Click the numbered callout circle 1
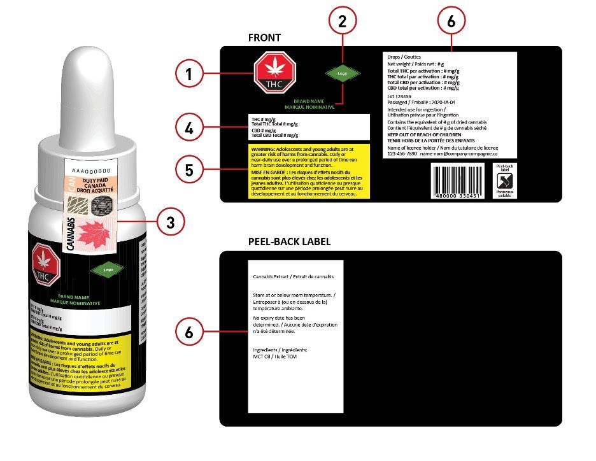[x=188, y=75]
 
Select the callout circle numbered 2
[x=343, y=20]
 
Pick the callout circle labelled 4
[x=188, y=129]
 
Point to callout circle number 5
[x=188, y=170]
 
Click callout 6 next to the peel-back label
[x=188, y=332]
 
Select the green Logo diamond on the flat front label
[x=343, y=73]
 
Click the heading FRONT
[x=264, y=38]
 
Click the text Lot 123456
[x=400, y=97]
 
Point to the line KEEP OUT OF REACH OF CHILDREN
[x=432, y=136]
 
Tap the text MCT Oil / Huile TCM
[x=274, y=357]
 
